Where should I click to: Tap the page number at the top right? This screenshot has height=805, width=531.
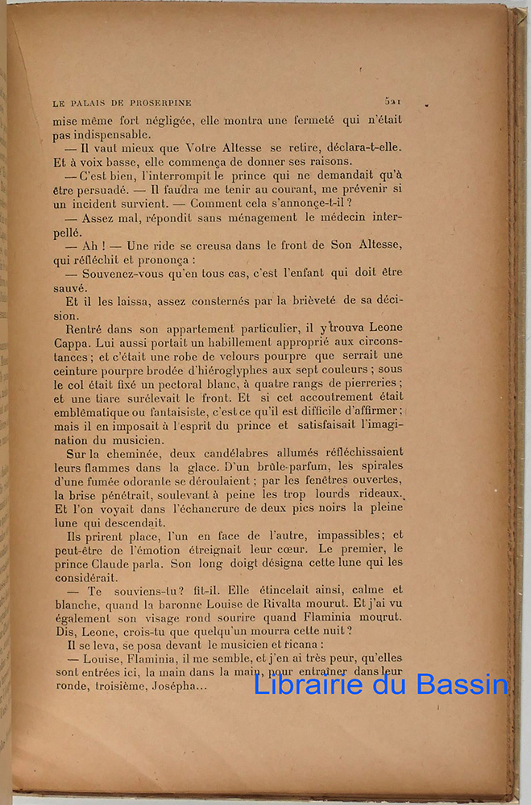point(393,101)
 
